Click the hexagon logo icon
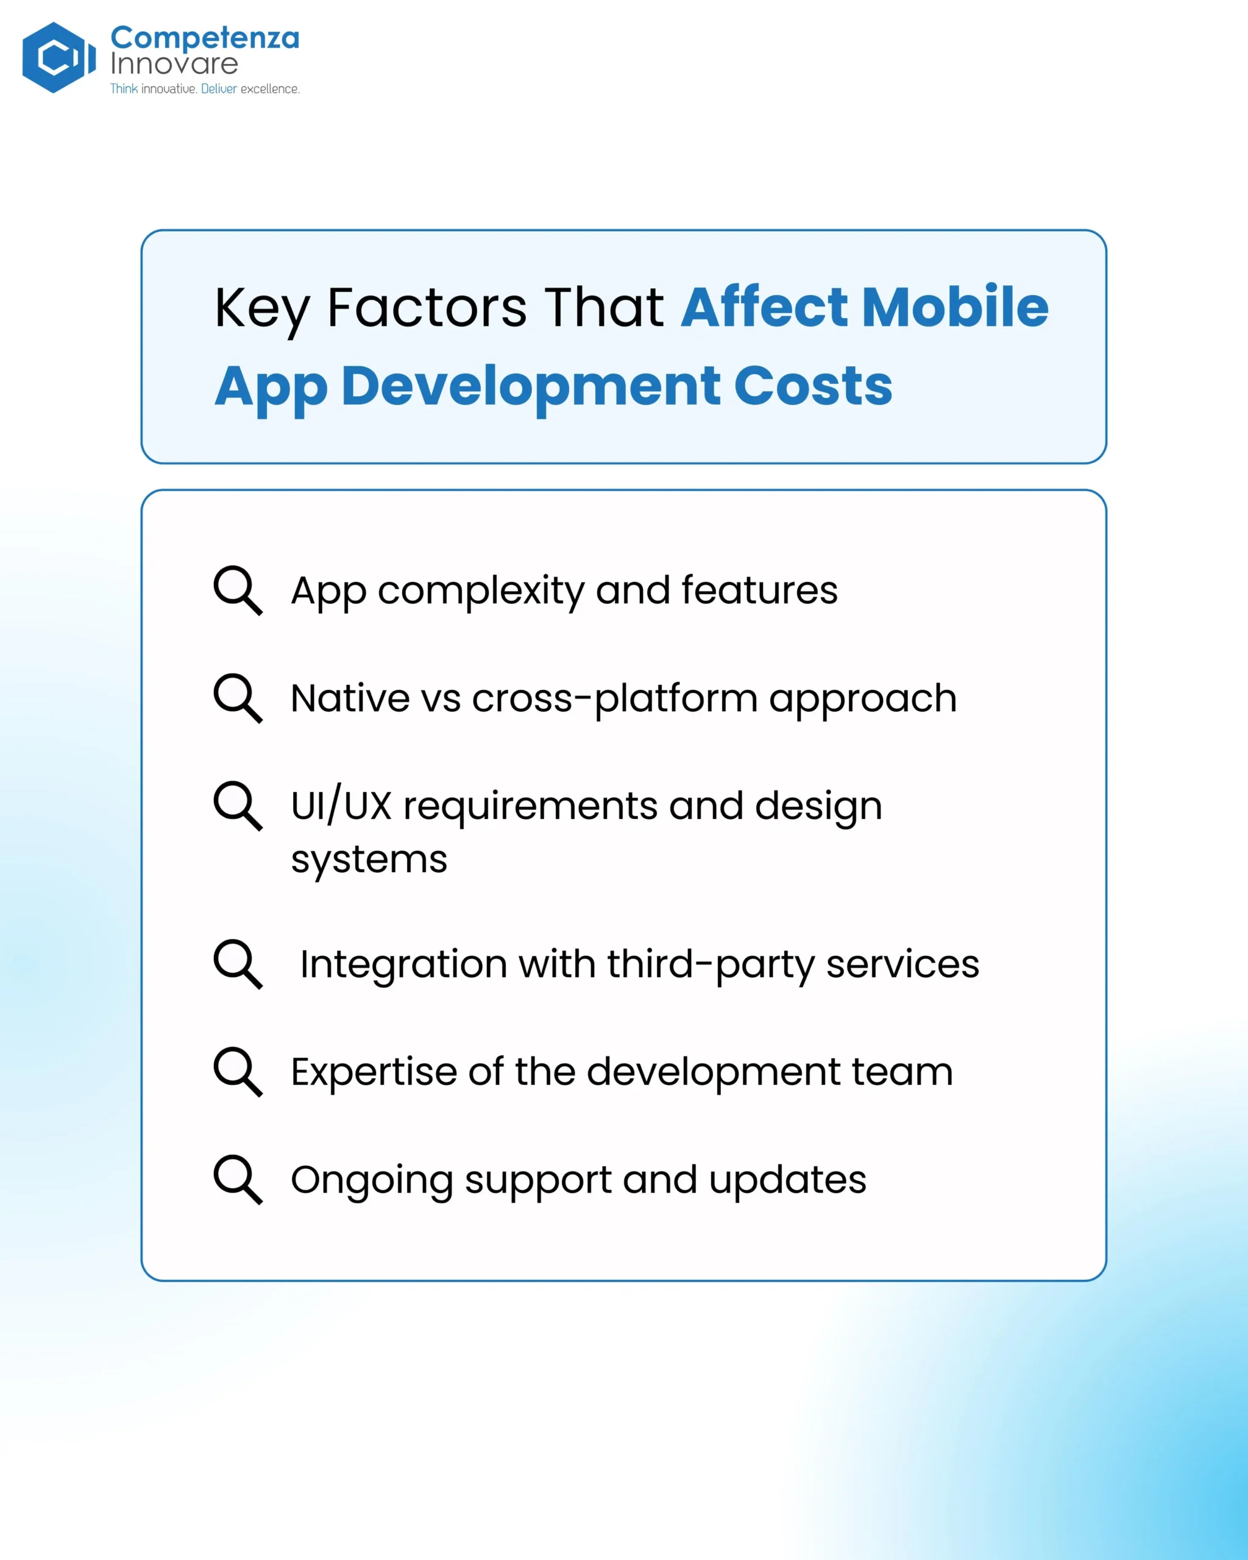pyautogui.click(x=58, y=57)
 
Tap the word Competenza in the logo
pyautogui.click(x=205, y=38)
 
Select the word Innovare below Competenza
pyautogui.click(x=174, y=63)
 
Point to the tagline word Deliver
pyautogui.click(x=219, y=88)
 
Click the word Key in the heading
pyautogui.click(x=262, y=309)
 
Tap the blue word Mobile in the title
pyautogui.click(x=955, y=307)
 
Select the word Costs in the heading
pyautogui.click(x=813, y=386)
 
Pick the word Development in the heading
pyautogui.click(x=530, y=387)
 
